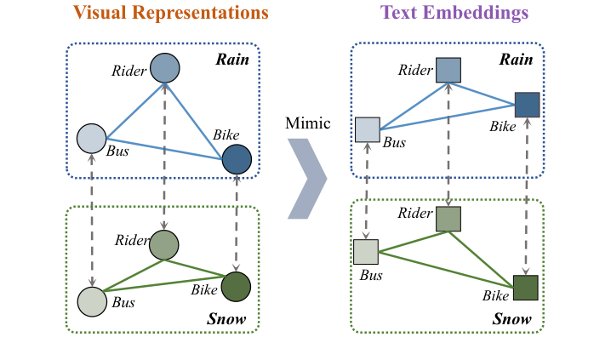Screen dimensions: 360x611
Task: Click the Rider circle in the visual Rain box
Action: point(164,69)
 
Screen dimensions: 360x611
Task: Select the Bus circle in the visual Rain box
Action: point(91,139)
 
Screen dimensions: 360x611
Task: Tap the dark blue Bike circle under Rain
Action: point(237,159)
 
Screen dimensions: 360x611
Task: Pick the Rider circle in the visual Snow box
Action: point(163,245)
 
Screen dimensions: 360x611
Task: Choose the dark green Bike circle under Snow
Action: point(236,286)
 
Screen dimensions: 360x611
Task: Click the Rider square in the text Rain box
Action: point(448,70)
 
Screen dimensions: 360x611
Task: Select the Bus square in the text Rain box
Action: point(367,129)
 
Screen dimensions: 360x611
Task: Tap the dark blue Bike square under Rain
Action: point(528,104)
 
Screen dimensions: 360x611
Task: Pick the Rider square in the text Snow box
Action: point(448,219)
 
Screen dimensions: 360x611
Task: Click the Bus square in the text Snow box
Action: point(366,252)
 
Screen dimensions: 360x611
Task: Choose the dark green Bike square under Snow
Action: point(526,288)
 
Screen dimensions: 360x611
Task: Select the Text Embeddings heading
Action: point(454,14)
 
